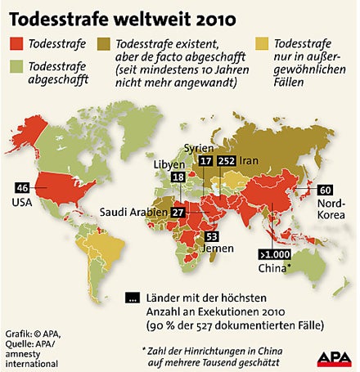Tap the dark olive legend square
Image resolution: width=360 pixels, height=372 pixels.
pyautogui.click(x=104, y=45)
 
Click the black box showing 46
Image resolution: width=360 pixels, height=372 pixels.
pyautogui.click(x=22, y=187)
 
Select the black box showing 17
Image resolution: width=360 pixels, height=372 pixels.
pyautogui.click(x=205, y=162)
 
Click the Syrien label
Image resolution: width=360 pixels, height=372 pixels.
pyautogui.click(x=200, y=149)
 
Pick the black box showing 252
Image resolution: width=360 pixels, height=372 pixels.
pyautogui.click(x=227, y=162)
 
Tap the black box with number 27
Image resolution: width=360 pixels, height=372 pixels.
pyautogui.click(x=178, y=213)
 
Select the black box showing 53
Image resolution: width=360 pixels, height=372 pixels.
pyautogui.click(x=211, y=236)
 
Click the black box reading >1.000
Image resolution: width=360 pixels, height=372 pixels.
pyautogui.click(x=274, y=253)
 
